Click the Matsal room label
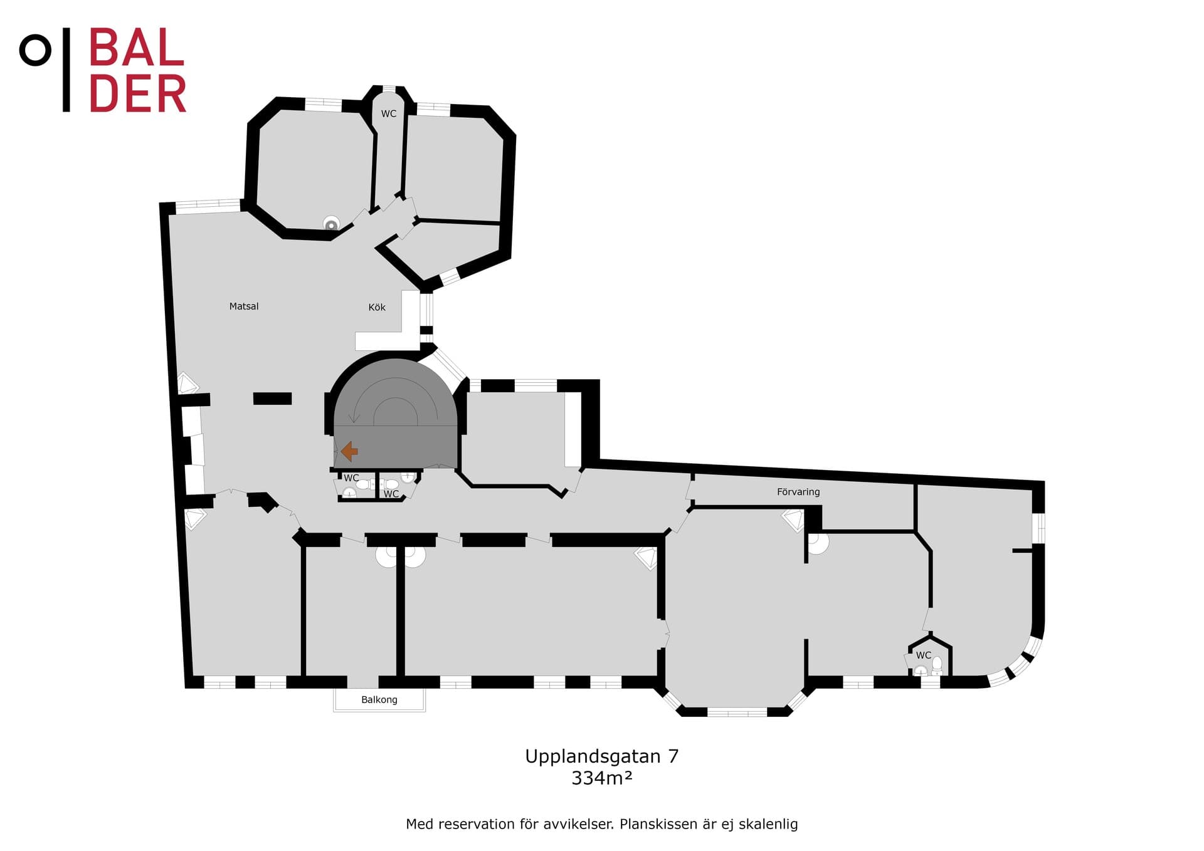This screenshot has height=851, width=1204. pyautogui.click(x=244, y=306)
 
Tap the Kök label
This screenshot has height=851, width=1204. pyautogui.click(x=377, y=307)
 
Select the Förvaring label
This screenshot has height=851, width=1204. pyautogui.click(x=798, y=492)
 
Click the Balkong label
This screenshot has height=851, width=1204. pyautogui.click(x=379, y=699)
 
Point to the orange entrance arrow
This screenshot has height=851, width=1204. pyautogui.click(x=349, y=451)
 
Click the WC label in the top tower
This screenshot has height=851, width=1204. pyautogui.click(x=389, y=113)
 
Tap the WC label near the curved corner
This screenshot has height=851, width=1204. pyautogui.click(x=924, y=655)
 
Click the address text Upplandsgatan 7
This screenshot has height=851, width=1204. pyautogui.click(x=602, y=756)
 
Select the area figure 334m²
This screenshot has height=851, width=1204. pyautogui.click(x=602, y=778)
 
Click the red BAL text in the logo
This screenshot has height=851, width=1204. pyautogui.click(x=137, y=48)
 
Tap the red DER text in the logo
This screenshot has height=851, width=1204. pyautogui.click(x=138, y=93)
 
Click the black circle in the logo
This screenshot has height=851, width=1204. pyautogui.click(x=35, y=50)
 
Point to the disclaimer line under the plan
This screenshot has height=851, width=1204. pyautogui.click(x=602, y=824)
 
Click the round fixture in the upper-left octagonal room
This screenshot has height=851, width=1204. pyautogui.click(x=331, y=224)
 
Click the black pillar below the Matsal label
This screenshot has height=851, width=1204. pyautogui.click(x=272, y=399)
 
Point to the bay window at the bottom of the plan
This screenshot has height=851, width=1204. pyautogui.click(x=736, y=711)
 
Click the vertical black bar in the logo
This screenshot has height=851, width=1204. pyautogui.click(x=66, y=70)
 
